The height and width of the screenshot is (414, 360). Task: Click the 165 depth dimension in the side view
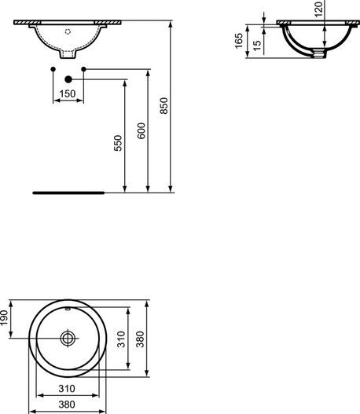tap(239, 41)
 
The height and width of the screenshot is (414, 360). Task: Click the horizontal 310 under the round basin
tap(68, 390)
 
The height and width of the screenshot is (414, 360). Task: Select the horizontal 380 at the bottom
tap(68, 405)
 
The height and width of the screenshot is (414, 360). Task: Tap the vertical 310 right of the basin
tap(121, 339)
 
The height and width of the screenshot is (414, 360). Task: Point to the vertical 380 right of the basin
tap(142, 339)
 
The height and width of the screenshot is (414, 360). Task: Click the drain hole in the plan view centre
tap(68, 338)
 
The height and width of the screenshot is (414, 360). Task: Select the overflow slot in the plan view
tap(68, 312)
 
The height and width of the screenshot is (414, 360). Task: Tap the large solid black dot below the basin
tap(68, 79)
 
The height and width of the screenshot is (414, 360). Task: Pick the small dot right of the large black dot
tap(83, 71)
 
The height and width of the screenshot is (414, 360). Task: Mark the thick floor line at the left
tap(68, 191)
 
